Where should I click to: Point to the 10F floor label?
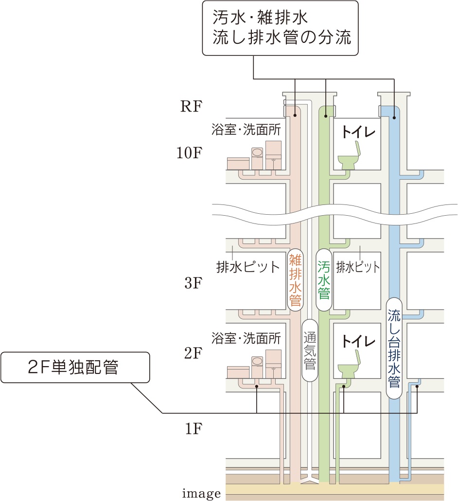click(x=189, y=153)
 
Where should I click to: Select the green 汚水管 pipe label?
click(x=323, y=280)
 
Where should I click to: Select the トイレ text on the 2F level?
click(x=359, y=341)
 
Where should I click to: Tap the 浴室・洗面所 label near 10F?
click(x=247, y=130)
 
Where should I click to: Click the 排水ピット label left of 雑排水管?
click(x=248, y=267)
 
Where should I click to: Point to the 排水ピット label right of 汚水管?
click(x=358, y=267)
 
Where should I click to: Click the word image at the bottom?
click(x=201, y=494)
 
